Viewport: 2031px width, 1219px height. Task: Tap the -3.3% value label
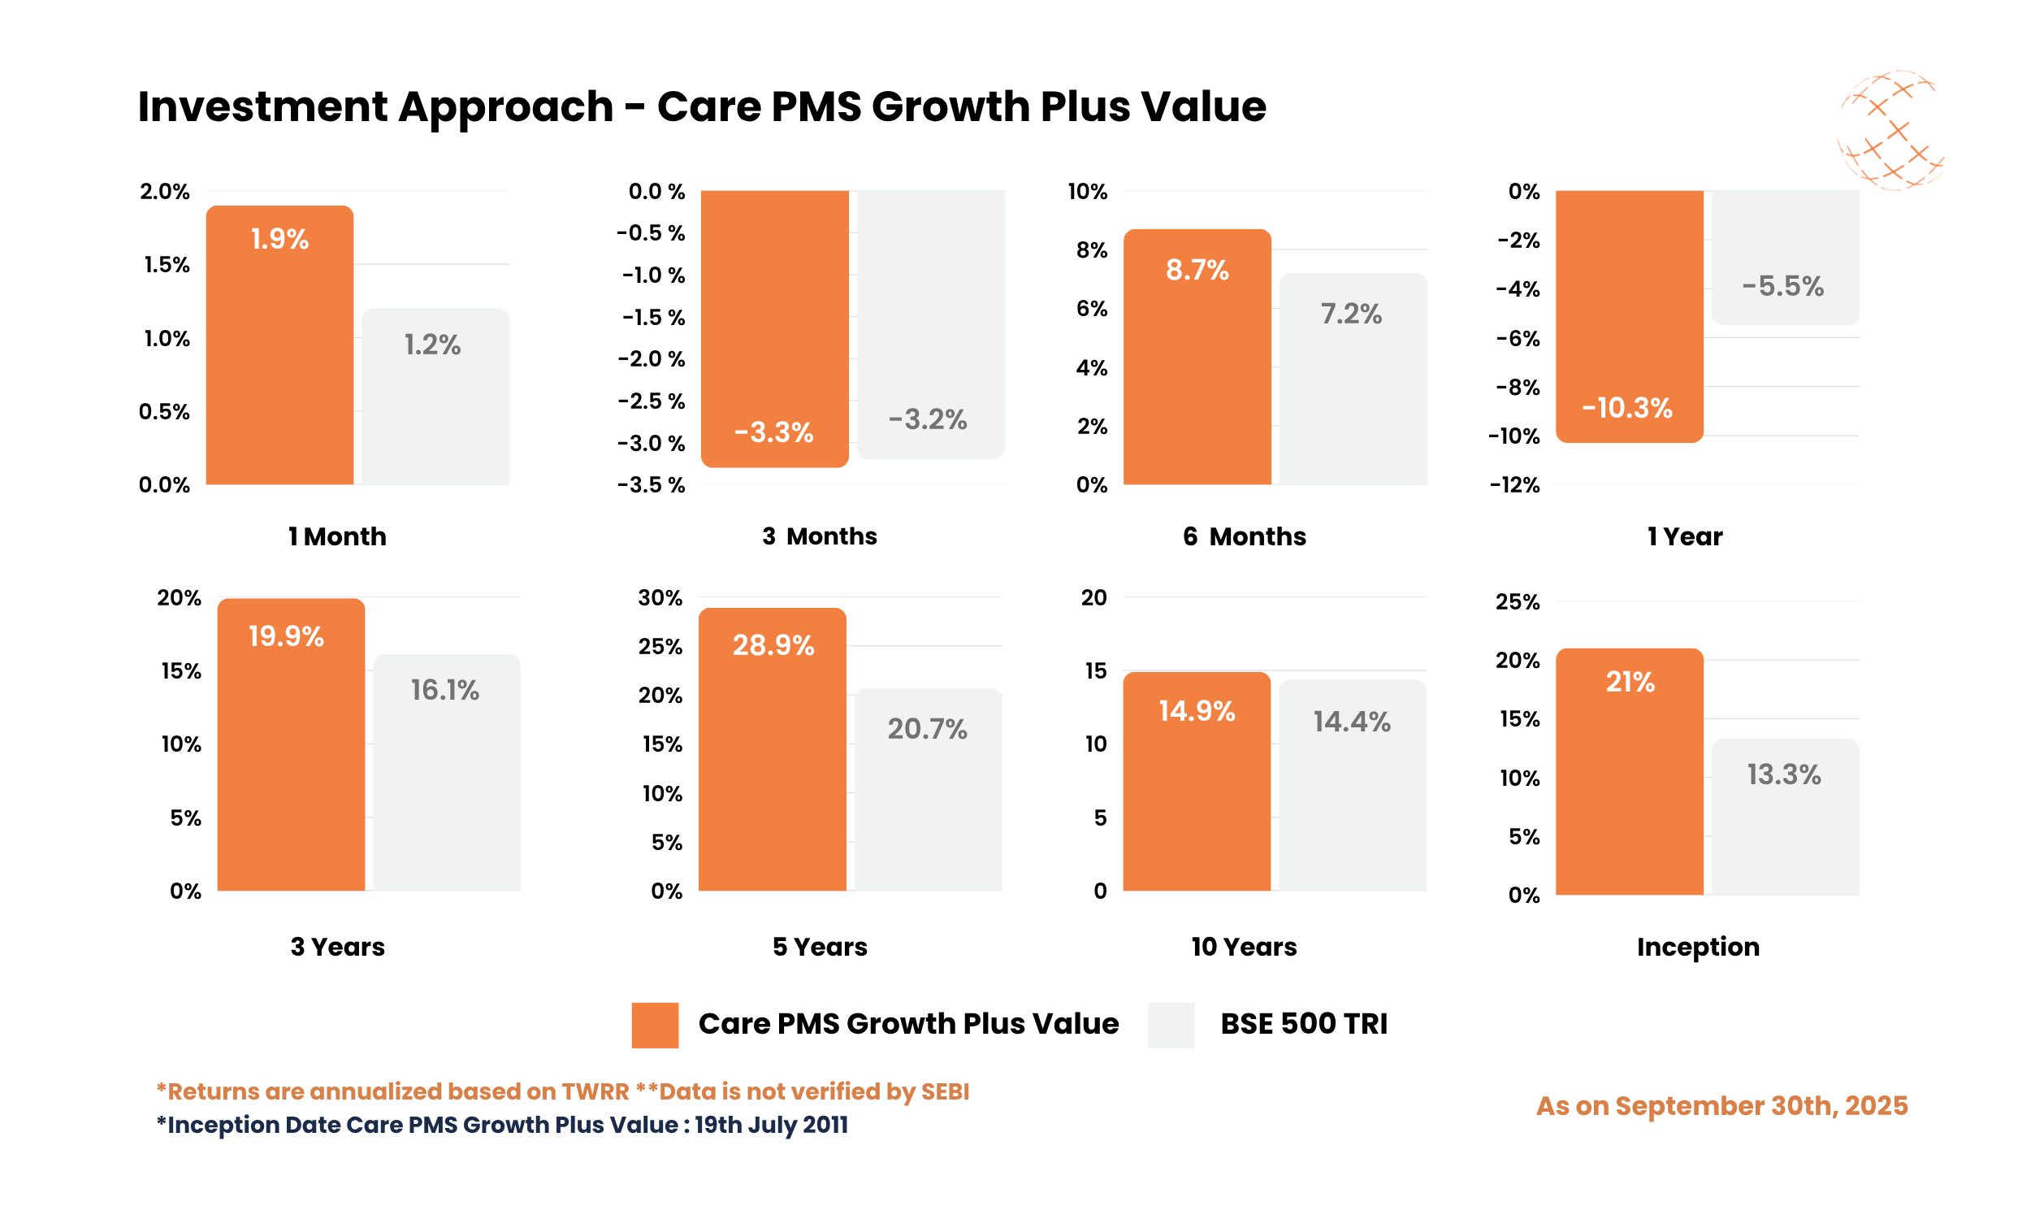click(x=773, y=432)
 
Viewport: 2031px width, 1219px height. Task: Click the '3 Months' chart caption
click(x=819, y=536)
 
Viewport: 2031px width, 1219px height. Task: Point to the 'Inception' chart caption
click(x=1698, y=947)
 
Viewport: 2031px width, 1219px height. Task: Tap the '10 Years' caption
click(x=1244, y=947)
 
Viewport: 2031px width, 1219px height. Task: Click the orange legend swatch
click(x=654, y=1025)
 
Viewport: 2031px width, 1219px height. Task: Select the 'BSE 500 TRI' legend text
click(x=1303, y=1024)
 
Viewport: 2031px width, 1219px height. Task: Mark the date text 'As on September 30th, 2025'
click(x=1721, y=1106)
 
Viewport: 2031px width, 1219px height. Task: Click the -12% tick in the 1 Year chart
click(x=1514, y=485)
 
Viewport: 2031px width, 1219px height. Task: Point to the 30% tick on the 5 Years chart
click(x=660, y=598)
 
